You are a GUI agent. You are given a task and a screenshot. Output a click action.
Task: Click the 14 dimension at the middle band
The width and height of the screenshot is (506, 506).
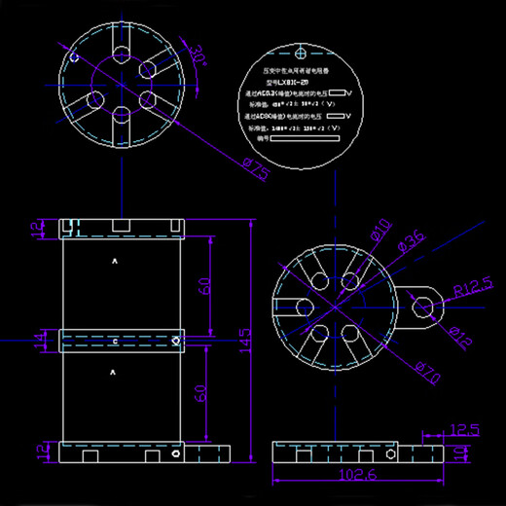tap(39, 341)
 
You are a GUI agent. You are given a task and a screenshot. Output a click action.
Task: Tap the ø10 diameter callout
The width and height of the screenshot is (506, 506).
tap(379, 231)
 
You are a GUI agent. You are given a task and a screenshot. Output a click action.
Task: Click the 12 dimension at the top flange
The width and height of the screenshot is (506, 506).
tap(39, 228)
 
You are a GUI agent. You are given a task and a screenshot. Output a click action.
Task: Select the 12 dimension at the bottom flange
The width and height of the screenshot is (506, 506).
tap(39, 452)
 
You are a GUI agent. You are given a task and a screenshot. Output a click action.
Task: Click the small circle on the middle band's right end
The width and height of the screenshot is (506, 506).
tap(174, 342)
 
